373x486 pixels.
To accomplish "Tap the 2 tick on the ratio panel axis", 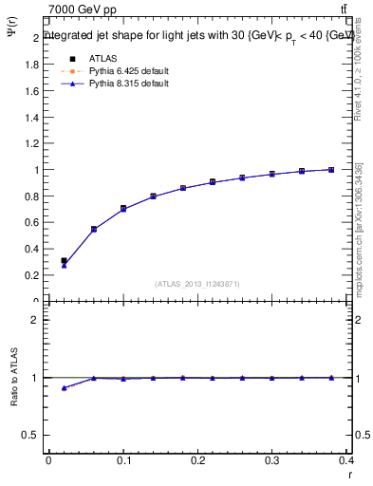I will tap(36, 321).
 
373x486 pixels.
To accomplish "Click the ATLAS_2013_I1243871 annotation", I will tap(197, 284).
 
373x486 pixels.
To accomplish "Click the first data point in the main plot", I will tap(64, 261).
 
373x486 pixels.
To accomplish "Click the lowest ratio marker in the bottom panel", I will tap(64, 388).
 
